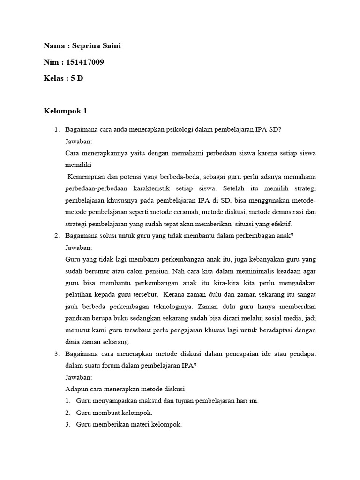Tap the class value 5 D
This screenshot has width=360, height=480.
pyautogui.click(x=77, y=78)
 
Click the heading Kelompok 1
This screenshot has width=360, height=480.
pyautogui.click(x=65, y=111)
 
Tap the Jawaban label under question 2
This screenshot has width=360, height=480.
pyautogui.click(x=79, y=247)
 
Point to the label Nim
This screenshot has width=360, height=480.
pyautogui.click(x=51, y=62)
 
